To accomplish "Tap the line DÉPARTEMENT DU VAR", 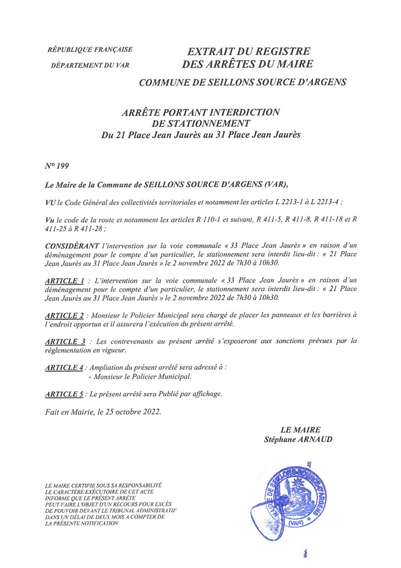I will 89,65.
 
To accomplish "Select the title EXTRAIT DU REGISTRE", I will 248,50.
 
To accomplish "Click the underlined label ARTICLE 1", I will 65,280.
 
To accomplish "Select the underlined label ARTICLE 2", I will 65,315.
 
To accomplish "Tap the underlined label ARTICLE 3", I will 66,341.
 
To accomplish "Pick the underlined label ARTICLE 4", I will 65,368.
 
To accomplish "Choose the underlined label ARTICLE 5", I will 65,394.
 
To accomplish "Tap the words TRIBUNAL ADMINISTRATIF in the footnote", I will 139,510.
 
